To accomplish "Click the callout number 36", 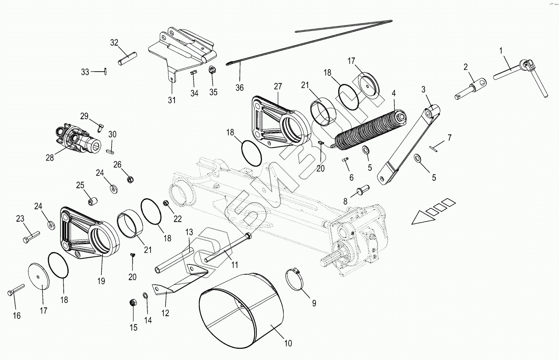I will (x=239, y=88).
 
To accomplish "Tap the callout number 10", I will (x=288, y=343).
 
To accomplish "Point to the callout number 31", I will (x=172, y=100).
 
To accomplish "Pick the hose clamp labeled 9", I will (x=296, y=277).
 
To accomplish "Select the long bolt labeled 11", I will (x=227, y=249).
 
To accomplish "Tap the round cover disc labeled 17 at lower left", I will (x=39, y=276).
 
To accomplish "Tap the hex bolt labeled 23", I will (x=31, y=237).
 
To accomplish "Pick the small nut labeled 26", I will (x=129, y=180).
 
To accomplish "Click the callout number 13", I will (x=189, y=232).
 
